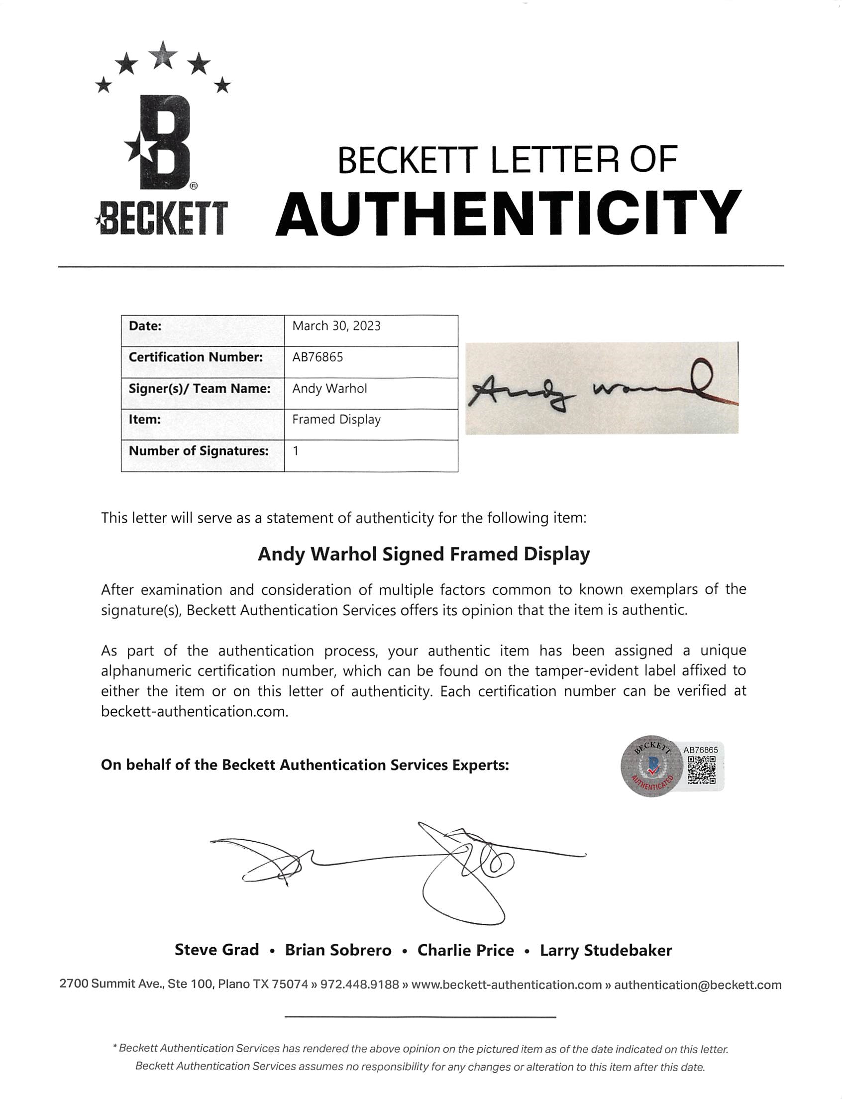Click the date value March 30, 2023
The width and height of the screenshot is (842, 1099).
[336, 327]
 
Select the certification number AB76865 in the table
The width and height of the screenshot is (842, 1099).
[318, 357]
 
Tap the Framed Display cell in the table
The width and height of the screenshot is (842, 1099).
[336, 420]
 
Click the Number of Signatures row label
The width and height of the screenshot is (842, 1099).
[199, 451]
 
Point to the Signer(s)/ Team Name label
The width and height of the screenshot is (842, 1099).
[200, 389]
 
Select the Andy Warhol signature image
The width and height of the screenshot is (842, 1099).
[602, 389]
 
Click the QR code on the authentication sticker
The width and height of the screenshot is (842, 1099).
[701, 770]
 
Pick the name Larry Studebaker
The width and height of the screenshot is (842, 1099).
[606, 951]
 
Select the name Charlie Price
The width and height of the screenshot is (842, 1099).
[466, 951]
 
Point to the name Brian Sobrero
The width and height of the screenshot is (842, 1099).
[338, 951]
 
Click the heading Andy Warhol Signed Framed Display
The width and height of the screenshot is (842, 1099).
[423, 554]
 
